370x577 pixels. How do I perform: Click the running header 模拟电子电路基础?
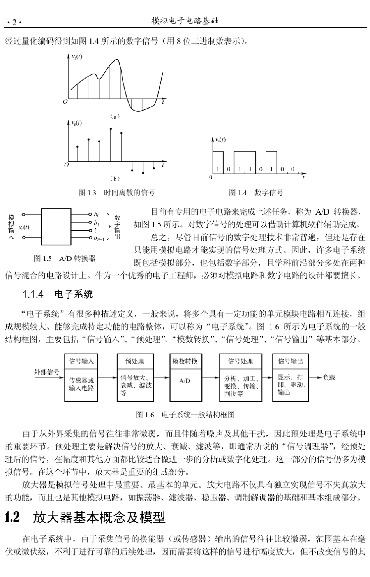(x=185, y=21)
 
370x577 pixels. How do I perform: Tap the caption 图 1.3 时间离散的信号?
(x=116, y=193)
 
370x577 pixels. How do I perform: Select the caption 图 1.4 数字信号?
(x=256, y=193)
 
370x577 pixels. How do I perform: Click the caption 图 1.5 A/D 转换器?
(x=65, y=258)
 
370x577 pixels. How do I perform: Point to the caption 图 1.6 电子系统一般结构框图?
(x=185, y=415)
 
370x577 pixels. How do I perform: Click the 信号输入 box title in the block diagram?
(x=81, y=361)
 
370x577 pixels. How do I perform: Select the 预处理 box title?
(x=134, y=361)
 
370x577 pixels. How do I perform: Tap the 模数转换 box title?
(x=185, y=361)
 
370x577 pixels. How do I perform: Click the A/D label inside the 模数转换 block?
(x=185, y=381)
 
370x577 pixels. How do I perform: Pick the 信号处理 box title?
(x=240, y=361)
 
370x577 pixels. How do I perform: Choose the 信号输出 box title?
(x=291, y=361)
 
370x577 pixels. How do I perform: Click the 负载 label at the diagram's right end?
(x=329, y=377)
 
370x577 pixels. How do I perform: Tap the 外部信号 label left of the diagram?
(x=47, y=372)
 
